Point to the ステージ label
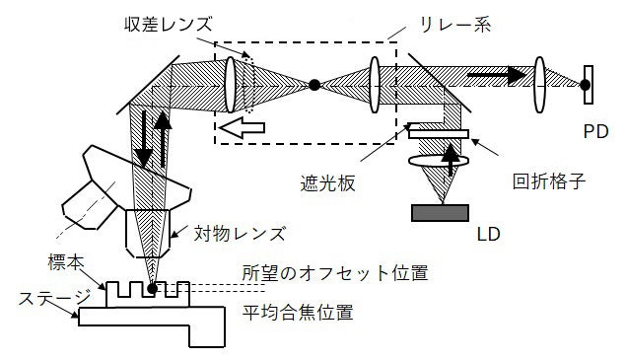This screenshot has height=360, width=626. click(x=42, y=295)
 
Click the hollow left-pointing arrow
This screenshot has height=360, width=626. click(x=242, y=128)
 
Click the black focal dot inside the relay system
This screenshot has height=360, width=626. click(x=314, y=85)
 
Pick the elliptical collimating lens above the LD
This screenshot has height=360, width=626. click(x=440, y=162)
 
